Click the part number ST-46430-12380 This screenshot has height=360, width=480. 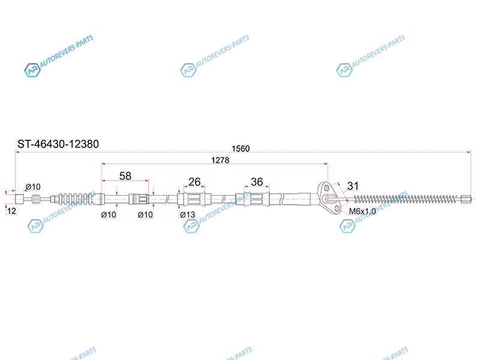58,144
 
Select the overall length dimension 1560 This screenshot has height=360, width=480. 241,148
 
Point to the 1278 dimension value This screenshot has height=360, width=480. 220,160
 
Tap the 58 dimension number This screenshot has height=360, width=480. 125,176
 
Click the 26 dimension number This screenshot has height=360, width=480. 194,182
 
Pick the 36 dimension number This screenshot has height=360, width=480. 257,182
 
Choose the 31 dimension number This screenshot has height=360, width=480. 353,186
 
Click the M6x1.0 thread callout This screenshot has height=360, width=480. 362,211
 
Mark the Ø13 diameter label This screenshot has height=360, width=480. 188,215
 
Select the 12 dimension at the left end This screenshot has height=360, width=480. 11,211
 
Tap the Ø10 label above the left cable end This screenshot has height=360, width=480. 33,187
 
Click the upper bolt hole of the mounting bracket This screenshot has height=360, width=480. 326,187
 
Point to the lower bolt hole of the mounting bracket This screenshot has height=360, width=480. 337,209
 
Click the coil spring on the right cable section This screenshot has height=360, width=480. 407,199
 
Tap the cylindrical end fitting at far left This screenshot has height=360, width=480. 19,199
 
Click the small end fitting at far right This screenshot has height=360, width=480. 466,199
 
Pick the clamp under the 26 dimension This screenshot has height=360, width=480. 194,199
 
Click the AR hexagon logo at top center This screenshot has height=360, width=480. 188,70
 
